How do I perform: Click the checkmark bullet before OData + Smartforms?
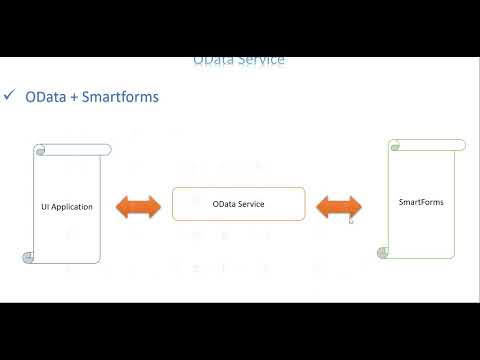tap(9, 96)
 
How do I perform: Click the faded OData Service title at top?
tap(239, 60)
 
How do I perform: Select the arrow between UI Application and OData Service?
tap(138, 207)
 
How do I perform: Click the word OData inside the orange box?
tap(226, 204)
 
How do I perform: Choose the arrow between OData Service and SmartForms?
tap(338, 207)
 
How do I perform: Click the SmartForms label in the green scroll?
tap(420, 202)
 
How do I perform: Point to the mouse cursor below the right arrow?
tap(350, 221)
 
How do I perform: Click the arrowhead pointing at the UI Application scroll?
tap(122, 207)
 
